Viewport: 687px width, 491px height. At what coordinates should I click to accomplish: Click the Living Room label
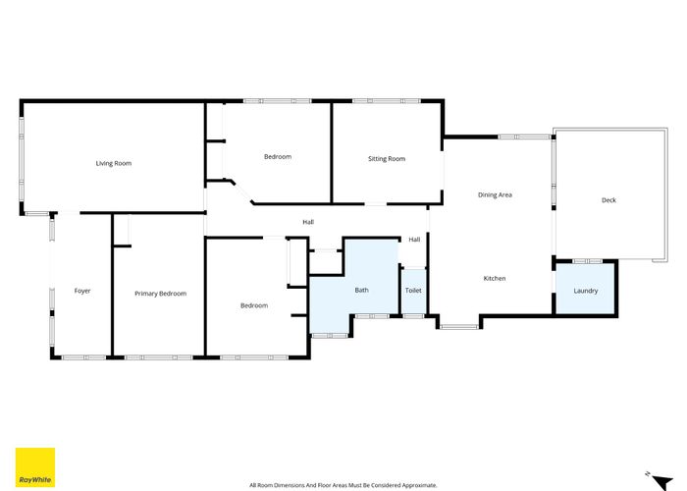click(113, 163)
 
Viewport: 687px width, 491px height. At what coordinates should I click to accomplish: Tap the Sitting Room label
click(387, 159)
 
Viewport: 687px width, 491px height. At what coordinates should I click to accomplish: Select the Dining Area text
click(495, 195)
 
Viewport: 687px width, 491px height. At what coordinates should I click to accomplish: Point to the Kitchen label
click(495, 279)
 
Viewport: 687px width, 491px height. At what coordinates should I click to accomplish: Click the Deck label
click(608, 200)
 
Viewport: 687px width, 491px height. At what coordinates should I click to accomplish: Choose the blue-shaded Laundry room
click(586, 290)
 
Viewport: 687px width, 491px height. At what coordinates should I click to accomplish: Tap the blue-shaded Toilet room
click(413, 292)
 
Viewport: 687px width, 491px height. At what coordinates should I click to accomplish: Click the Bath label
click(361, 290)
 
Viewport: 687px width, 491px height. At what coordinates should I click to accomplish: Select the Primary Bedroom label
click(160, 294)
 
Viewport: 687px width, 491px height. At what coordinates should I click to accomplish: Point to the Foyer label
click(82, 291)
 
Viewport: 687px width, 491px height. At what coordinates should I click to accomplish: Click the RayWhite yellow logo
click(35, 467)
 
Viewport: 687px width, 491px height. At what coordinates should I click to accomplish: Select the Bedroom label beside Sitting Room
click(278, 157)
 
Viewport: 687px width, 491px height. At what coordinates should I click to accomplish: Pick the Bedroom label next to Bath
click(254, 306)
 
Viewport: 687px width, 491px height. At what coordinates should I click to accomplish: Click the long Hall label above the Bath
click(308, 222)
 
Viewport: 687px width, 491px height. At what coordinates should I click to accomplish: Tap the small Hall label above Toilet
click(414, 240)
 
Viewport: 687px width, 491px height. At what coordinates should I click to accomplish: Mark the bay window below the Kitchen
click(458, 325)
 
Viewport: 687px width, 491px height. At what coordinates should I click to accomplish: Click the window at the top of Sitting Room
click(387, 101)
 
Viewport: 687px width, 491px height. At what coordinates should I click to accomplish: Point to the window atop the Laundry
click(587, 261)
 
